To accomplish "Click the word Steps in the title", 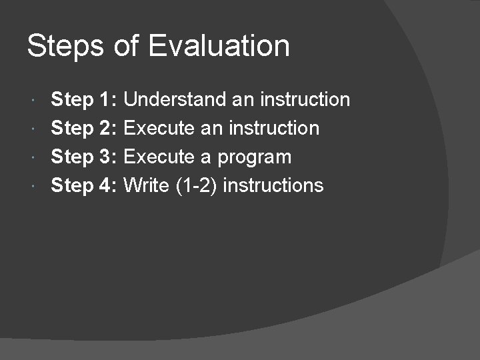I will pos(65,47).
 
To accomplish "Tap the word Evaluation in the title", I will pos(219,47).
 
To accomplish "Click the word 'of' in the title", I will pos(127,47).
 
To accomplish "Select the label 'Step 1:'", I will pos(85,100).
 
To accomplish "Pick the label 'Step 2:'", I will pos(85,128).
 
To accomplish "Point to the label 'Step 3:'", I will pos(85,157).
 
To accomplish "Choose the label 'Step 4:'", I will pos(85,185).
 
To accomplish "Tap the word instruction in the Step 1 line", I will pos(305,100).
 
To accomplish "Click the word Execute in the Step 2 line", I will pos(159,128).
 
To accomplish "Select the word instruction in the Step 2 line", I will pos(275,128).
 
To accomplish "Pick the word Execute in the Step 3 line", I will pos(159,157).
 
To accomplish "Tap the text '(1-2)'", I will pos(197,185).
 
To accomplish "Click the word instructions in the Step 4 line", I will pos(273,185).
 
